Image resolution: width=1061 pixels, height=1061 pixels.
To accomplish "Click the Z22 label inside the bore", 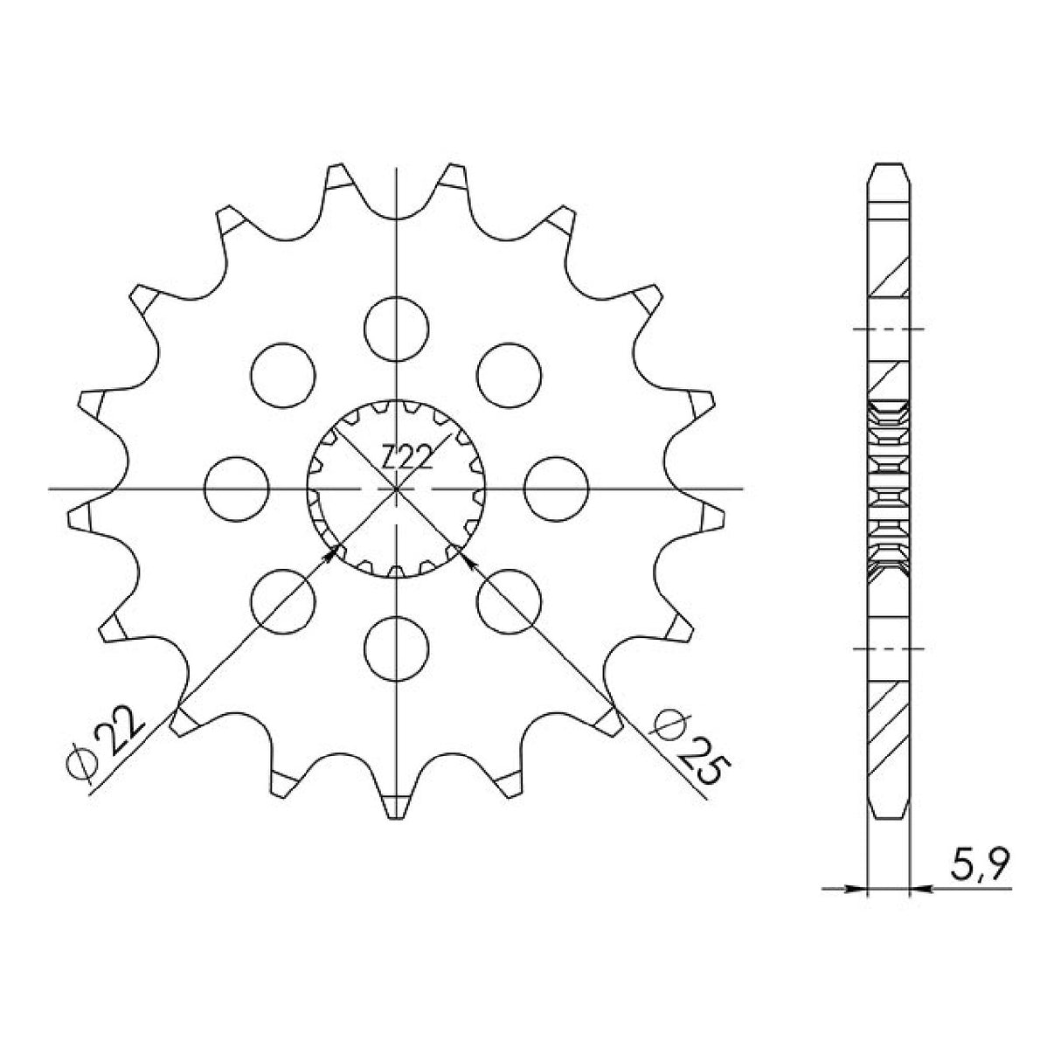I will (x=406, y=456).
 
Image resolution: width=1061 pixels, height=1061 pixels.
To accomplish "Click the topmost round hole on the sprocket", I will (x=397, y=328).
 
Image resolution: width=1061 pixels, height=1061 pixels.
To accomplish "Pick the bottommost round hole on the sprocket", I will (x=397, y=648).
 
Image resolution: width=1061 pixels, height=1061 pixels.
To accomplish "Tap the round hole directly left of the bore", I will (x=236, y=488).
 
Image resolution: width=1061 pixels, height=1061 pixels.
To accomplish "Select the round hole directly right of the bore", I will (x=558, y=488).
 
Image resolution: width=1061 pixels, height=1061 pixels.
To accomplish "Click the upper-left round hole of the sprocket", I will (x=282, y=374).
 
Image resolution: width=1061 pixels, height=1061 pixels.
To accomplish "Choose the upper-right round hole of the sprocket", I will (x=510, y=374).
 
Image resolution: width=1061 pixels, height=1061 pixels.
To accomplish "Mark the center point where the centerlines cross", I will (x=397, y=489).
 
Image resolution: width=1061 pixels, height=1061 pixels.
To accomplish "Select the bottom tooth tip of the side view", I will (x=889, y=809).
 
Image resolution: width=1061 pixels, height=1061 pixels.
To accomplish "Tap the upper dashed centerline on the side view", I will (x=889, y=329).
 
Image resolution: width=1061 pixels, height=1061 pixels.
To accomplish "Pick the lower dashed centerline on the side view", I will (x=889, y=649).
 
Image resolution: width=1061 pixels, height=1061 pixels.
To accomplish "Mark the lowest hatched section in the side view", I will (x=889, y=730).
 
